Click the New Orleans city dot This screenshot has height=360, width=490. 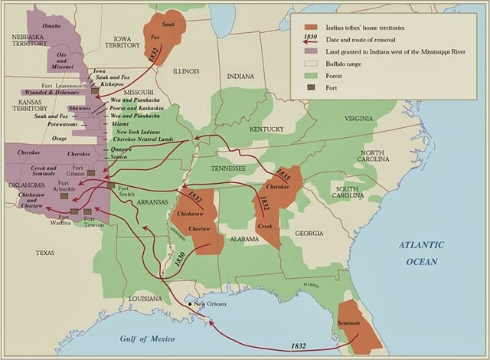(191, 306)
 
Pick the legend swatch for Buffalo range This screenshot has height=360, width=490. (311, 63)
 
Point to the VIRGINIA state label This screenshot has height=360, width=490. (359, 119)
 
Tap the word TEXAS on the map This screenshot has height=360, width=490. (46, 252)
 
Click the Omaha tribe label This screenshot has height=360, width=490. (51, 26)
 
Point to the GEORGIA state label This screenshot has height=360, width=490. (309, 233)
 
